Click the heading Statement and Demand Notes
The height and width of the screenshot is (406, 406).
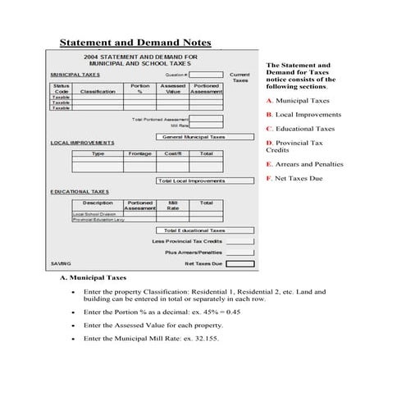[136, 43]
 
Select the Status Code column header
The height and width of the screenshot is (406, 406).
[62, 89]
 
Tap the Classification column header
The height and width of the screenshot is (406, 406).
[98, 92]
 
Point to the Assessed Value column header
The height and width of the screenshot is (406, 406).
[172, 89]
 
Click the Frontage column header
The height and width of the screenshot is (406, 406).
[139, 153]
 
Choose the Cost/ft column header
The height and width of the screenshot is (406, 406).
[173, 153]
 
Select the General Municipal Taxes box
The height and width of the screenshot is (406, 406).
[194, 137]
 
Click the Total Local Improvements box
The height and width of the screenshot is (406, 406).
[190, 180]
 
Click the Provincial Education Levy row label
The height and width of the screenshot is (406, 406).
[98, 220]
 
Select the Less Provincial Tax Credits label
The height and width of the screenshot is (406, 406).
[187, 242]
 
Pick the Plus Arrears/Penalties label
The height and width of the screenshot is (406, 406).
[193, 253]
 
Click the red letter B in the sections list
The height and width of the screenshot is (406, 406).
[268, 115]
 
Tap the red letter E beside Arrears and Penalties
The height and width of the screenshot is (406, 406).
[268, 164]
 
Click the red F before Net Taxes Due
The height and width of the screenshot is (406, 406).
[268, 178]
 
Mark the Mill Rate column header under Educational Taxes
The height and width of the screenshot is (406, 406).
[173, 205]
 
